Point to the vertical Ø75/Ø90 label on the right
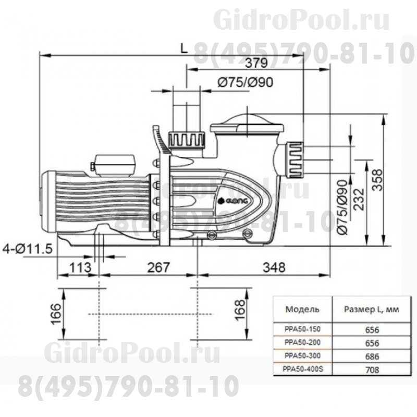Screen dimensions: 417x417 click(342, 208)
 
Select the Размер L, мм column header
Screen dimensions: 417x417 click(371, 309)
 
